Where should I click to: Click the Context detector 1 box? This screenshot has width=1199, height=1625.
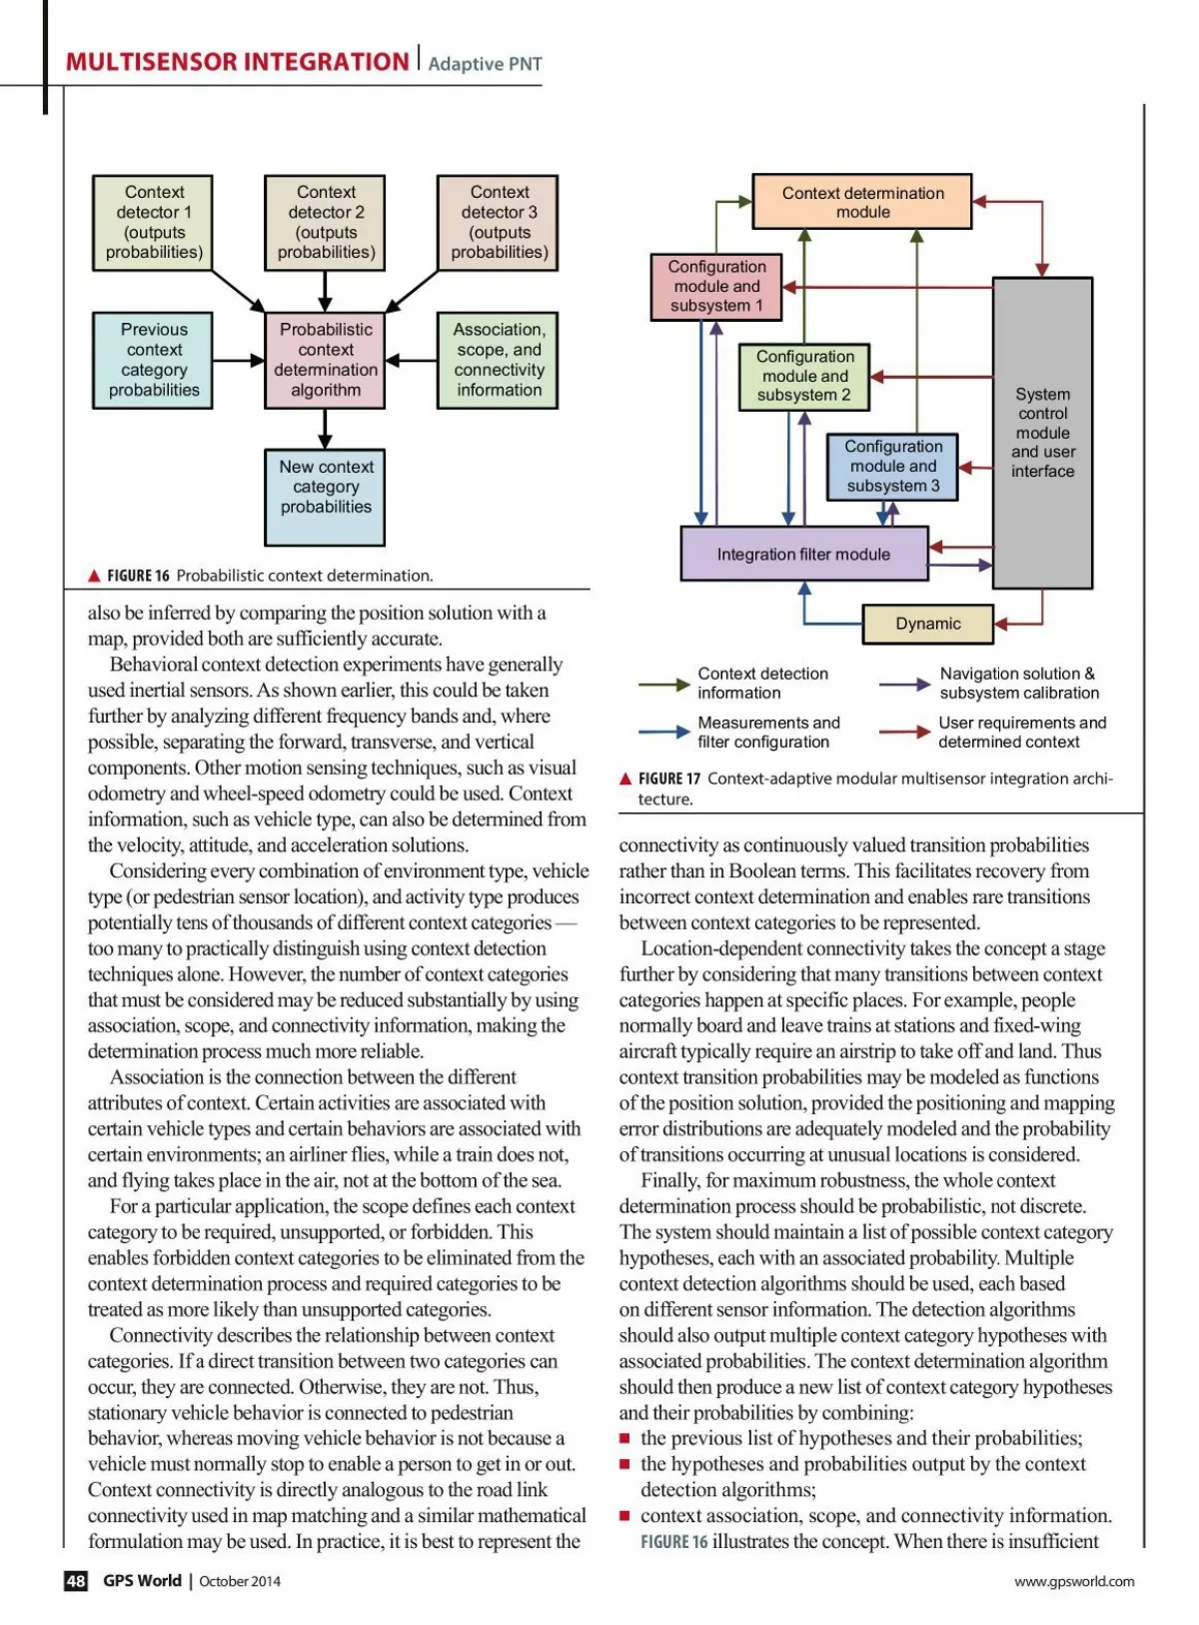click(x=154, y=222)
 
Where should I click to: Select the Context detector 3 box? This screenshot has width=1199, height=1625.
click(x=499, y=222)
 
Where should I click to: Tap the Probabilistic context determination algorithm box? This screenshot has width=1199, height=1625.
click(x=325, y=360)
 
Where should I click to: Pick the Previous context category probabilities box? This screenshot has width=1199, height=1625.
click(x=153, y=360)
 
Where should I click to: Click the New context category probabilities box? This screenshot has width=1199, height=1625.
click(x=325, y=497)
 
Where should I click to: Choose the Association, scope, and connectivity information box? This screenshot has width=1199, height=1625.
click(x=498, y=360)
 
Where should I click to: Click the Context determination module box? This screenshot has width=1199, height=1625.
click(x=862, y=203)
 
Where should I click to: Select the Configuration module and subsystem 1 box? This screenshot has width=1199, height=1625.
click(x=716, y=287)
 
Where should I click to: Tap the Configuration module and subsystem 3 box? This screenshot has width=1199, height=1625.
click(x=892, y=467)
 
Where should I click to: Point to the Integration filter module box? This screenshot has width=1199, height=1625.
click(x=804, y=555)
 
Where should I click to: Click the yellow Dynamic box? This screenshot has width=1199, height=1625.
click(x=928, y=624)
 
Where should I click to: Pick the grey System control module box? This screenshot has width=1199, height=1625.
click(x=1042, y=433)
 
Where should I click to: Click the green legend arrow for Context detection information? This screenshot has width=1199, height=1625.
click(x=663, y=685)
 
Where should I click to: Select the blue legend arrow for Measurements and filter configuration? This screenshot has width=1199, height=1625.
click(x=663, y=733)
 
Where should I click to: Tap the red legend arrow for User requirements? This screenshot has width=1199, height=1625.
click(x=904, y=733)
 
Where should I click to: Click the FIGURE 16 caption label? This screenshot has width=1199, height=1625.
click(x=138, y=576)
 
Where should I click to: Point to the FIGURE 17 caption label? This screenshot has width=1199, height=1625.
click(x=669, y=779)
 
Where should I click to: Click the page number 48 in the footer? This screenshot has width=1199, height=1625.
click(x=76, y=1581)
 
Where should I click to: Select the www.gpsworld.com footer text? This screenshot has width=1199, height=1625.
click(x=1074, y=1581)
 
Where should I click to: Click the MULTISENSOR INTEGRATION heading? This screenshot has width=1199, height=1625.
click(x=237, y=62)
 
